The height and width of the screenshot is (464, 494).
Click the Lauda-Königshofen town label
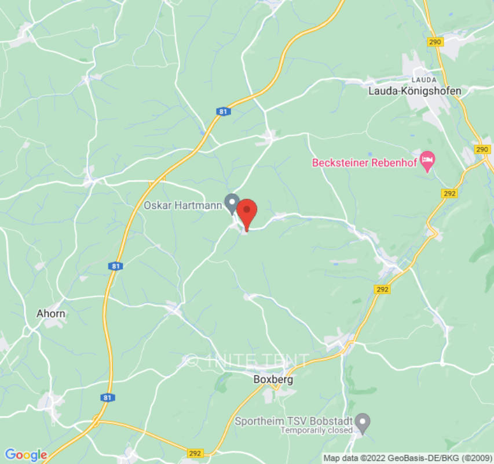point(415,91)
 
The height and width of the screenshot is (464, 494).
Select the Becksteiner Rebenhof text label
point(364,162)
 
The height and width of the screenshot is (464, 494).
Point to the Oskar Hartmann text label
point(182,205)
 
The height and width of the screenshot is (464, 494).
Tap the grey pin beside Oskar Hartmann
point(232,203)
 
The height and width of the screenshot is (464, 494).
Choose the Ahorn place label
point(51,313)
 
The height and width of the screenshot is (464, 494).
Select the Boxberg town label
point(273,380)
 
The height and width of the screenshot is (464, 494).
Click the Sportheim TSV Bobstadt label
point(294,420)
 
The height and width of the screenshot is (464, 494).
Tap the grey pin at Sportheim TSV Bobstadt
point(363,422)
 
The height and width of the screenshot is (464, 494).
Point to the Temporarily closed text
point(316,430)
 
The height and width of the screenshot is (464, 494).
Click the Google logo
point(25,455)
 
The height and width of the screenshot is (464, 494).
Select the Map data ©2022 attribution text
point(406,458)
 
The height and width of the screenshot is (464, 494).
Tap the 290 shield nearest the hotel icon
point(482,149)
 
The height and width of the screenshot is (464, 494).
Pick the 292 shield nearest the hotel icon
point(449,193)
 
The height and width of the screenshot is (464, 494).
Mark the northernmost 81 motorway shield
point(224,111)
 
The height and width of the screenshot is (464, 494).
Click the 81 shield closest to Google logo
point(106,397)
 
